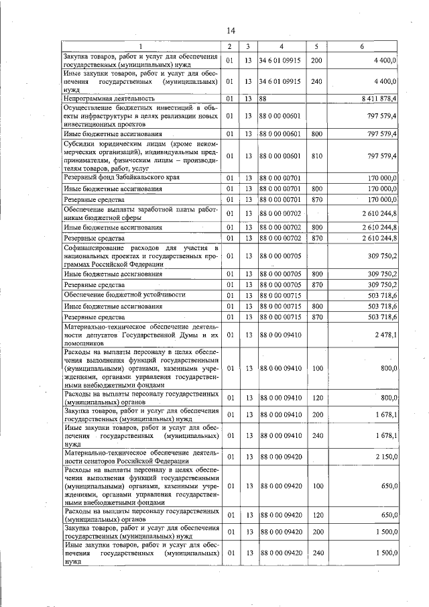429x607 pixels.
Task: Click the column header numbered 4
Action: [281, 46]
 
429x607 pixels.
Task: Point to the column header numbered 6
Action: [362, 46]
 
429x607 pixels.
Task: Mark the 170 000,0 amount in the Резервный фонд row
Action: [383, 178]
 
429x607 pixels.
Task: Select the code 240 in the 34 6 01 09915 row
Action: [317, 81]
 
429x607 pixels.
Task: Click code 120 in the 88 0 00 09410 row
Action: [317, 398]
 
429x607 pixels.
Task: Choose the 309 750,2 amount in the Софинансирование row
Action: [383, 256]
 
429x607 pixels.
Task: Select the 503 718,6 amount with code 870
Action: [383, 317]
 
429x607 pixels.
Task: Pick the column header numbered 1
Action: [140, 46]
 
